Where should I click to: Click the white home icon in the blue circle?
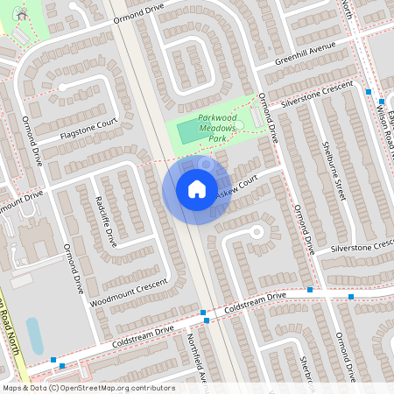tap(197, 189)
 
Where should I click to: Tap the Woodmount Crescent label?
tap(128, 292)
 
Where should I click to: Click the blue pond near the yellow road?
tap(35, 335)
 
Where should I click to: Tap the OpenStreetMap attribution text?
tap(88, 388)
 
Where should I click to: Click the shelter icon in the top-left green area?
tap(22, 16)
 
